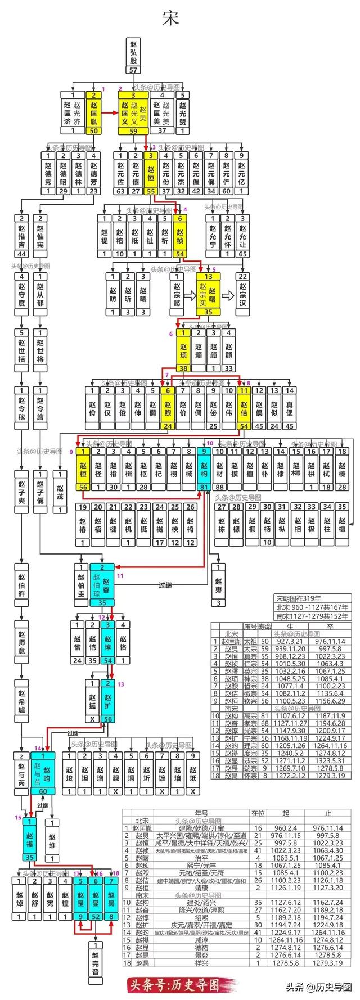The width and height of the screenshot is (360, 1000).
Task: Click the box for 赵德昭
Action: pos(64,173)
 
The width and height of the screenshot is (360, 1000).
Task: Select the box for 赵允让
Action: pos(243,235)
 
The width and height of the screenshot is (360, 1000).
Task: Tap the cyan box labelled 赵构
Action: pos(205,469)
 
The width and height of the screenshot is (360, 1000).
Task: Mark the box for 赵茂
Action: pos(60,492)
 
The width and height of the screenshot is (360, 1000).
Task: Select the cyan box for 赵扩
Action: pos(107,701)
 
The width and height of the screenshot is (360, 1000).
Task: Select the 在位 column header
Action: pos(258,813)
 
